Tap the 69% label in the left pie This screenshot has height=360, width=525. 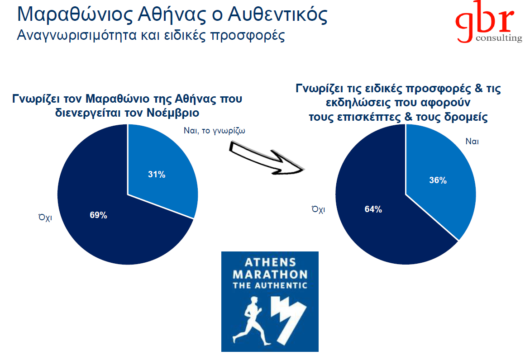[x=98, y=215]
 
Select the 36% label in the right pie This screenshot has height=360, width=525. [x=438, y=180]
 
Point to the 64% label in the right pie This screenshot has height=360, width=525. [x=373, y=209]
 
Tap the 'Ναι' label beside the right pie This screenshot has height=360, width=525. [x=472, y=141]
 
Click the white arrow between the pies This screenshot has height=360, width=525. [x=267, y=158]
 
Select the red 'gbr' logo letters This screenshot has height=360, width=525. [x=484, y=20]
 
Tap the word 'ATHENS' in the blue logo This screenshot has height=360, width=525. [x=270, y=262]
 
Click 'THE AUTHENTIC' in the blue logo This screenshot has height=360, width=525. [x=270, y=285]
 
